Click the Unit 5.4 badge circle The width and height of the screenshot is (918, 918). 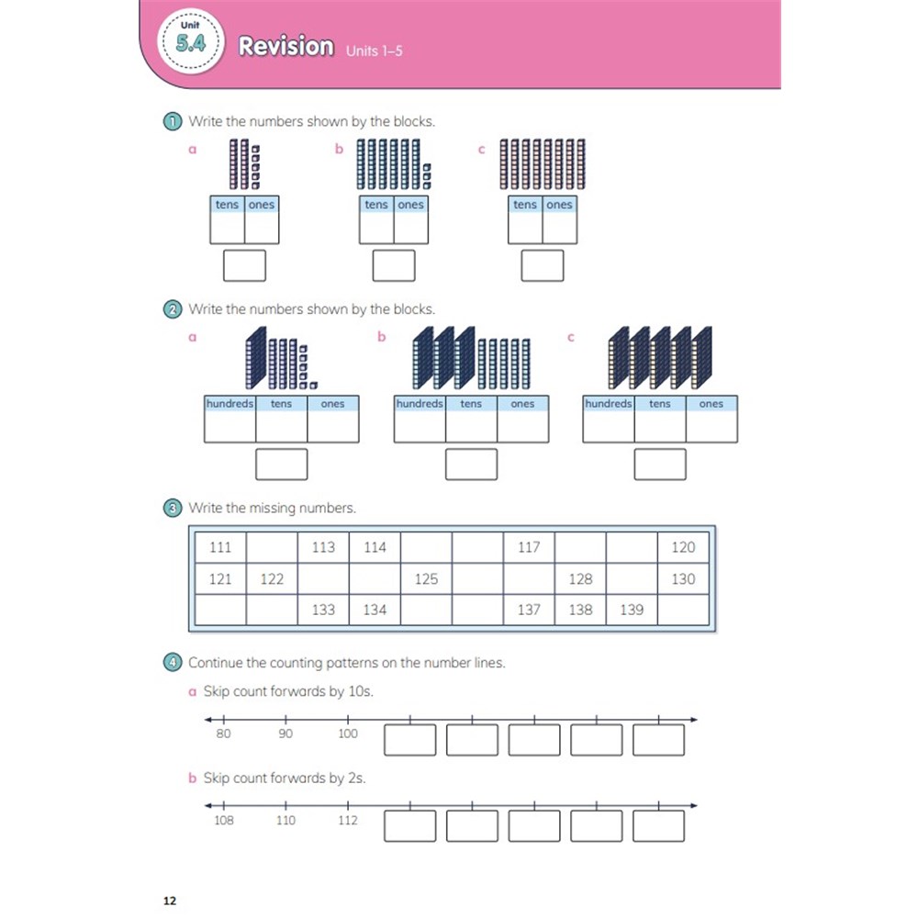point(191,41)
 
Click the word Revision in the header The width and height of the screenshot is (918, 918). point(285,46)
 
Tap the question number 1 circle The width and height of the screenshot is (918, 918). point(173,122)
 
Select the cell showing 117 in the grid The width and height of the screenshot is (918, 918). point(529,547)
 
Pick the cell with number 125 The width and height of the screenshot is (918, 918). point(426,579)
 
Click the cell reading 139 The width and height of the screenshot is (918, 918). point(632,610)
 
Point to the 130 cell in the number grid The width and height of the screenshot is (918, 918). point(683,579)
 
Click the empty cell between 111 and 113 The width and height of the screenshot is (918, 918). point(272,547)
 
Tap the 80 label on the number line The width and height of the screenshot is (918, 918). point(223,733)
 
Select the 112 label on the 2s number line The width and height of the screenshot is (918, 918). point(348,820)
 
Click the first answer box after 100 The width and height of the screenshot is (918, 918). point(409,740)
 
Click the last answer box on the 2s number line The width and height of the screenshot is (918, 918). point(658,826)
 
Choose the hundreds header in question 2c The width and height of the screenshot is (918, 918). point(609,403)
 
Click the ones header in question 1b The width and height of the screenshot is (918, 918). point(410,205)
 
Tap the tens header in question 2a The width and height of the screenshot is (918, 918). point(281,403)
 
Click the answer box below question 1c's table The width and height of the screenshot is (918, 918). point(543,265)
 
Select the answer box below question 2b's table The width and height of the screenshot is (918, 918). point(471,465)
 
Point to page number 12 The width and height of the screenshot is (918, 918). point(170,901)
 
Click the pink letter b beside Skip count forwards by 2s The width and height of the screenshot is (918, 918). point(192,778)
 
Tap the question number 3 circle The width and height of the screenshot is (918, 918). point(173,509)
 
